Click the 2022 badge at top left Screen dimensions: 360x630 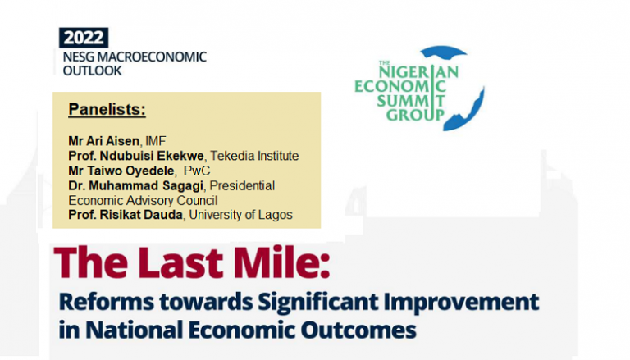(x=84, y=38)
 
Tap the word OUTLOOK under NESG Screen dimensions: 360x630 (x=93, y=71)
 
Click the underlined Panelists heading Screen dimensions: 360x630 (x=107, y=109)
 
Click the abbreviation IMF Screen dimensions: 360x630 (x=156, y=141)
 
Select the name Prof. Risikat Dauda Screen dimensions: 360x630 (x=122, y=215)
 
